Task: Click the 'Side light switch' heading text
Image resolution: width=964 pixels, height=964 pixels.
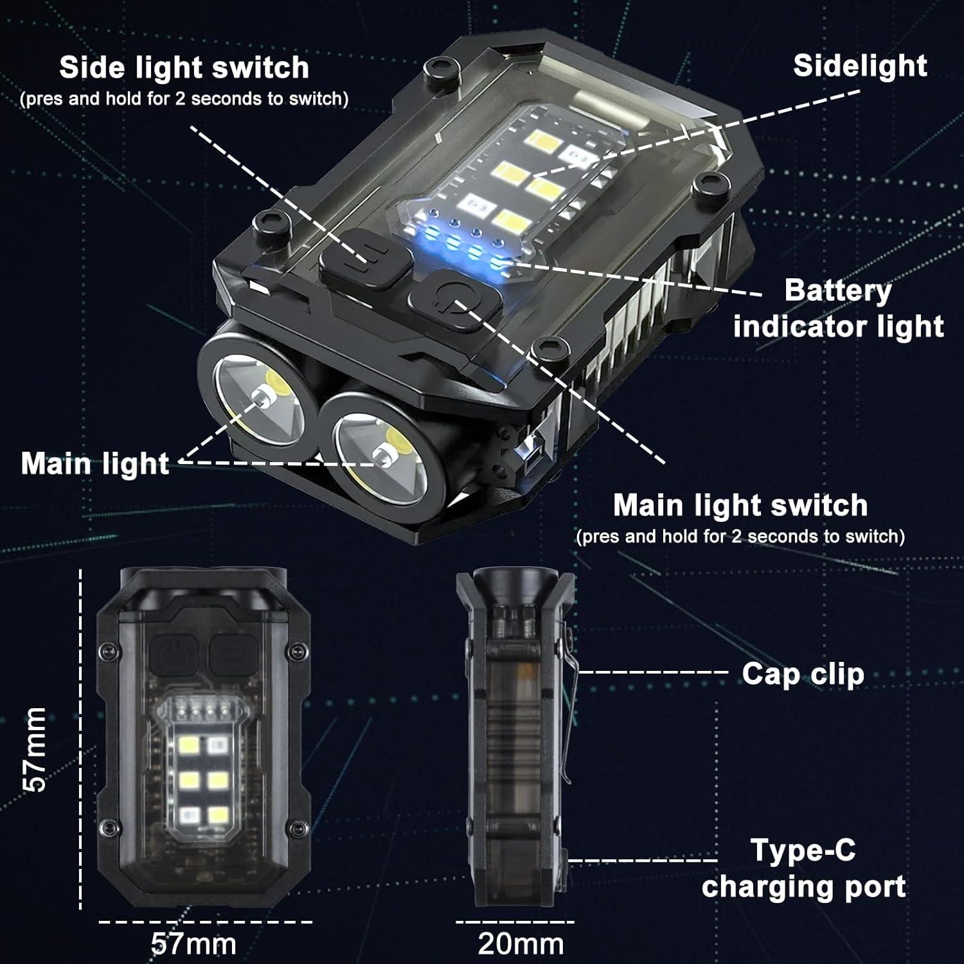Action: click(x=184, y=68)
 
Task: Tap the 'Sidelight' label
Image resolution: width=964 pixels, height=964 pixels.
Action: click(x=859, y=66)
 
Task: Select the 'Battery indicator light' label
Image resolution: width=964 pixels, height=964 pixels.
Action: click(x=838, y=308)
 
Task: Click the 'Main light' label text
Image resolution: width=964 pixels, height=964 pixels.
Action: click(x=95, y=463)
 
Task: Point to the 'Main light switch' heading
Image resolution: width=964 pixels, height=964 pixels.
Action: click(x=740, y=506)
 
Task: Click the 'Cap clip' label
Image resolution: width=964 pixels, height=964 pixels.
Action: click(x=803, y=674)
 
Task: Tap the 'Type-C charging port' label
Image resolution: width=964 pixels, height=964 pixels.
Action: click(x=803, y=868)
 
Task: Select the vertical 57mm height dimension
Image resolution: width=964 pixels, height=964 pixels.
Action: click(x=35, y=749)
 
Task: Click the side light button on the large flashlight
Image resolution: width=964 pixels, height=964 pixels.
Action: click(x=365, y=264)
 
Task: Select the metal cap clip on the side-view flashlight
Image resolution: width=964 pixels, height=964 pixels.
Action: click(x=568, y=707)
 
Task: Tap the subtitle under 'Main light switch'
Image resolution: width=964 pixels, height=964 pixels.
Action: click(x=740, y=537)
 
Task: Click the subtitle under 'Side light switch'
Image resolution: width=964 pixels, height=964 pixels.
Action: click(x=184, y=99)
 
